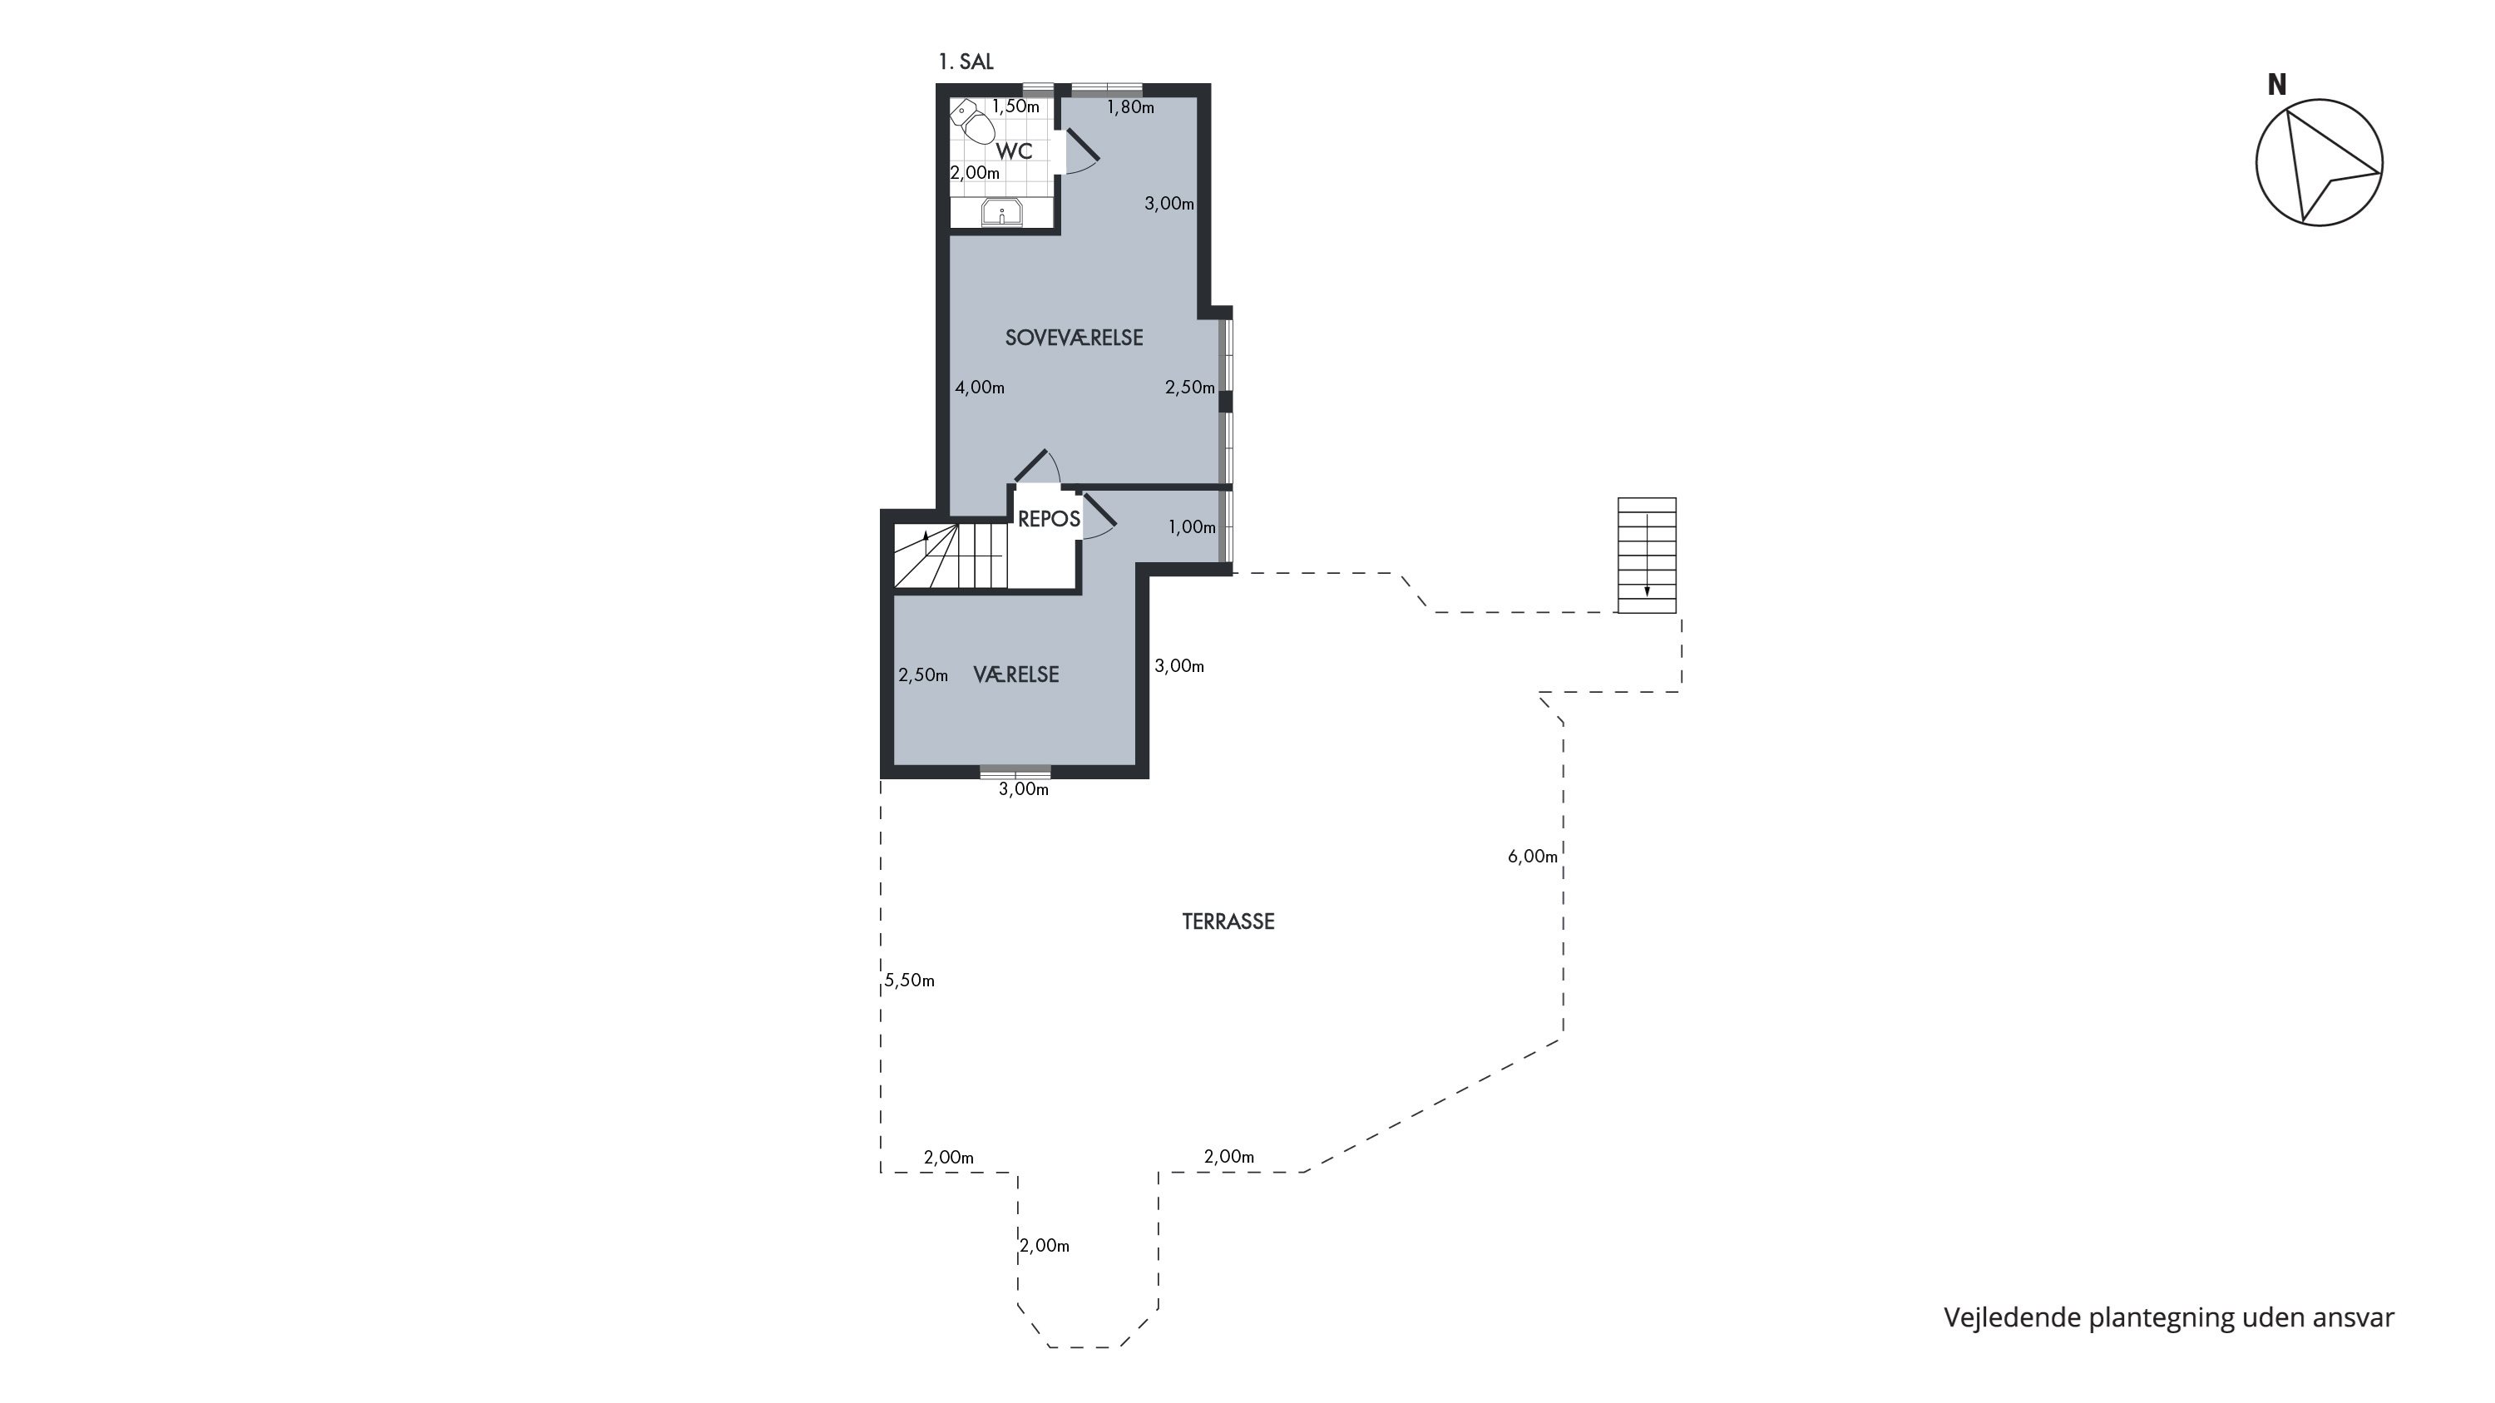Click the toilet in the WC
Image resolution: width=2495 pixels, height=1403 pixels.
pos(972,122)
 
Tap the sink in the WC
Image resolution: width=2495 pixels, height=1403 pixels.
pos(1001,212)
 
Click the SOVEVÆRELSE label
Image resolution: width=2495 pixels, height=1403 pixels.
pos(1075,338)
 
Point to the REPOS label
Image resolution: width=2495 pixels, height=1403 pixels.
pos(1049,519)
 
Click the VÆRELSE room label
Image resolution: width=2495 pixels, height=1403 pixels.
pos(1016,674)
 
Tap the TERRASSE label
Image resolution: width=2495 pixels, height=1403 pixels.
pos(1228,921)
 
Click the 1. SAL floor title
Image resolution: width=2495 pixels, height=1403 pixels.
pos(966,62)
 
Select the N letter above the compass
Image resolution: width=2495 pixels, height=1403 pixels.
pos(2277,85)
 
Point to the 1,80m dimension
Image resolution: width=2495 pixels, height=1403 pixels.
pos(1130,107)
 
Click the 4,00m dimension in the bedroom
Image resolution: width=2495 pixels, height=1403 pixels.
pos(979,388)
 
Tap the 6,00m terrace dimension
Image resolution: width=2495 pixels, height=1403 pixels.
pos(1532,856)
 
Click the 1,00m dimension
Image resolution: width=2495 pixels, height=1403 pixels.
pos(1191,526)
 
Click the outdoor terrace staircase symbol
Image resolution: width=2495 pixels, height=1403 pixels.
pos(1647,556)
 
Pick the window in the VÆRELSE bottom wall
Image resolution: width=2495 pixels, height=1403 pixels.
pos(1015,772)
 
